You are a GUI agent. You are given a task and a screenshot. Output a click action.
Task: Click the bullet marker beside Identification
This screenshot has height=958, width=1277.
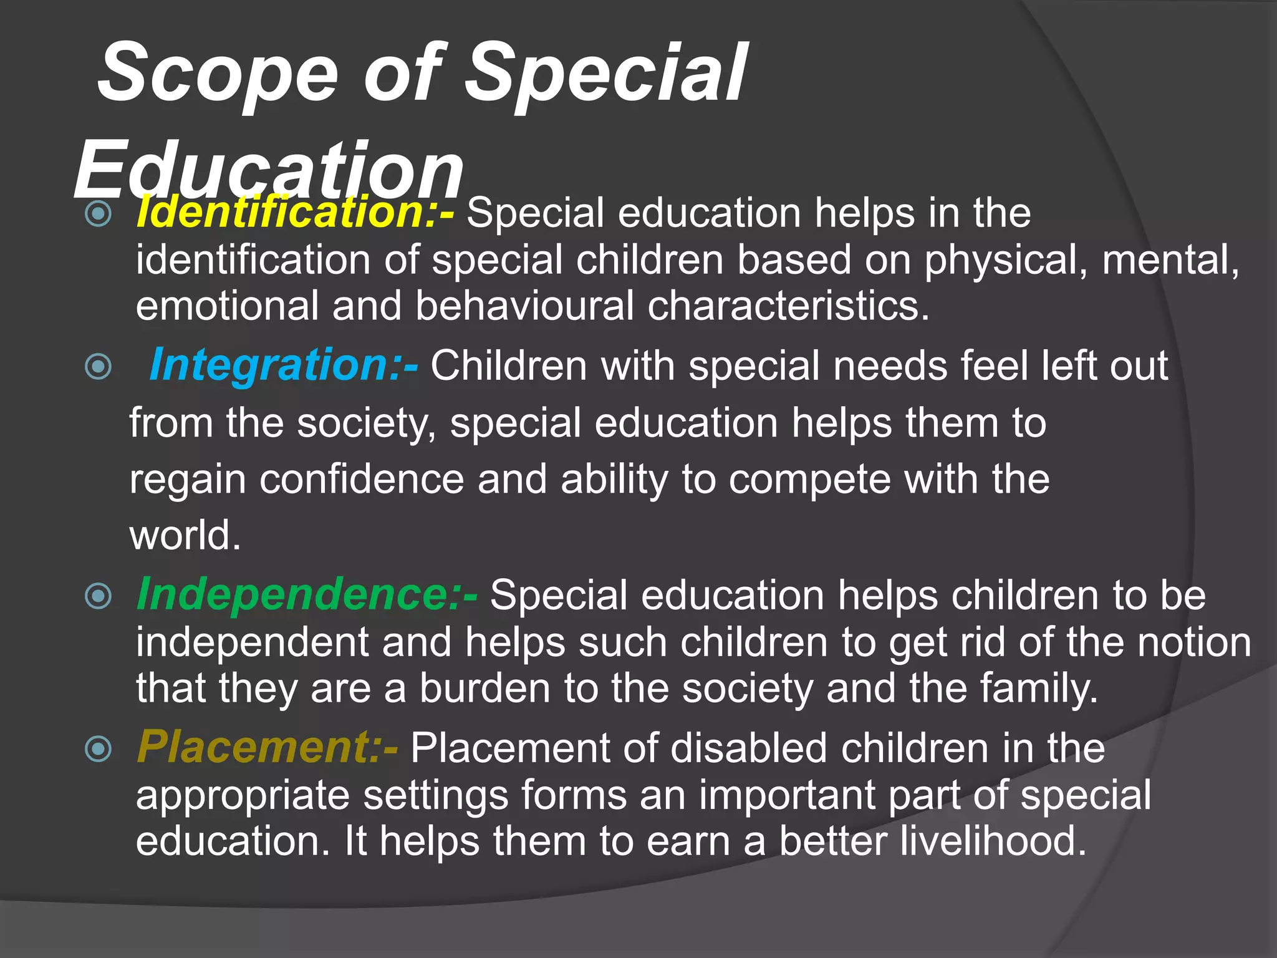98,214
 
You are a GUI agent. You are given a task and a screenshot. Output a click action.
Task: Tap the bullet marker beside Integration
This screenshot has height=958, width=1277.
98,367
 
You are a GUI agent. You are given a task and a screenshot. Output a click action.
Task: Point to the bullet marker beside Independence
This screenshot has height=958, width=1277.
98,596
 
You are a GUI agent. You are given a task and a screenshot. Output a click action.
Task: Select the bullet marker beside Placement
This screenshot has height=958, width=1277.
98,749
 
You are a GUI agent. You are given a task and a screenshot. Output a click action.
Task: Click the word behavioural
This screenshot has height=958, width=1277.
524,306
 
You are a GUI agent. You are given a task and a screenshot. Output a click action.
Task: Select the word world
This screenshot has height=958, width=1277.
185,535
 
